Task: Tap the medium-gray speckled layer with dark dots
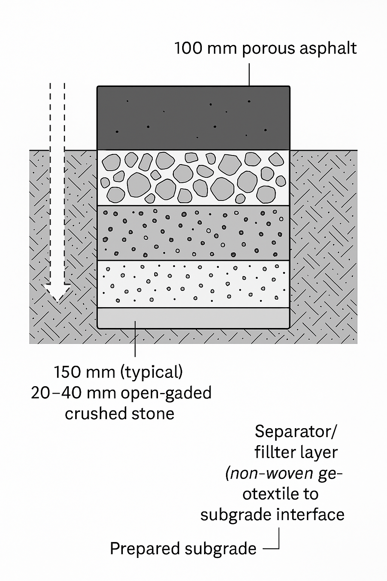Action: (x=193, y=233)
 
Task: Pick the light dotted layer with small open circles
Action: (x=193, y=284)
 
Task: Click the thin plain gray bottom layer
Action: (x=193, y=318)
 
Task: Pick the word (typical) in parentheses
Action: (x=151, y=373)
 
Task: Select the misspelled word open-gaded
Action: (x=166, y=393)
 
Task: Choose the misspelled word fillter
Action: (x=274, y=452)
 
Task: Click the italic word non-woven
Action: (x=269, y=473)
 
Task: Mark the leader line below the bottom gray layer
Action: (x=135, y=342)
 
